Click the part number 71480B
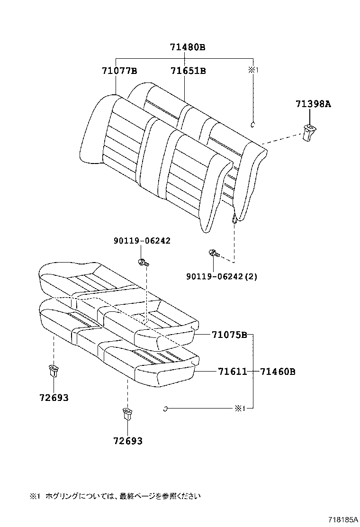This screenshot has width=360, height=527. [188, 47]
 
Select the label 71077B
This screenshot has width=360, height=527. [119, 71]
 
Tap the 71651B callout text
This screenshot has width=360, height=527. [188, 71]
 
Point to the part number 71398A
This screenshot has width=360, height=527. [313, 104]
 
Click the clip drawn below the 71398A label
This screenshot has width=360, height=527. [310, 132]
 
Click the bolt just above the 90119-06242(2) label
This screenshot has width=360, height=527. [213, 254]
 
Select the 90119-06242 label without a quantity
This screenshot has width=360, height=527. [142, 241]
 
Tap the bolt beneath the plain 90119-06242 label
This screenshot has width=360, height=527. [143, 262]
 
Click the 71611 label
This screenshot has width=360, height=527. [233, 372]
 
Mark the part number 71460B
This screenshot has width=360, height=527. [278, 372]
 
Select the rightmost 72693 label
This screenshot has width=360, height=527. [128, 441]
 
